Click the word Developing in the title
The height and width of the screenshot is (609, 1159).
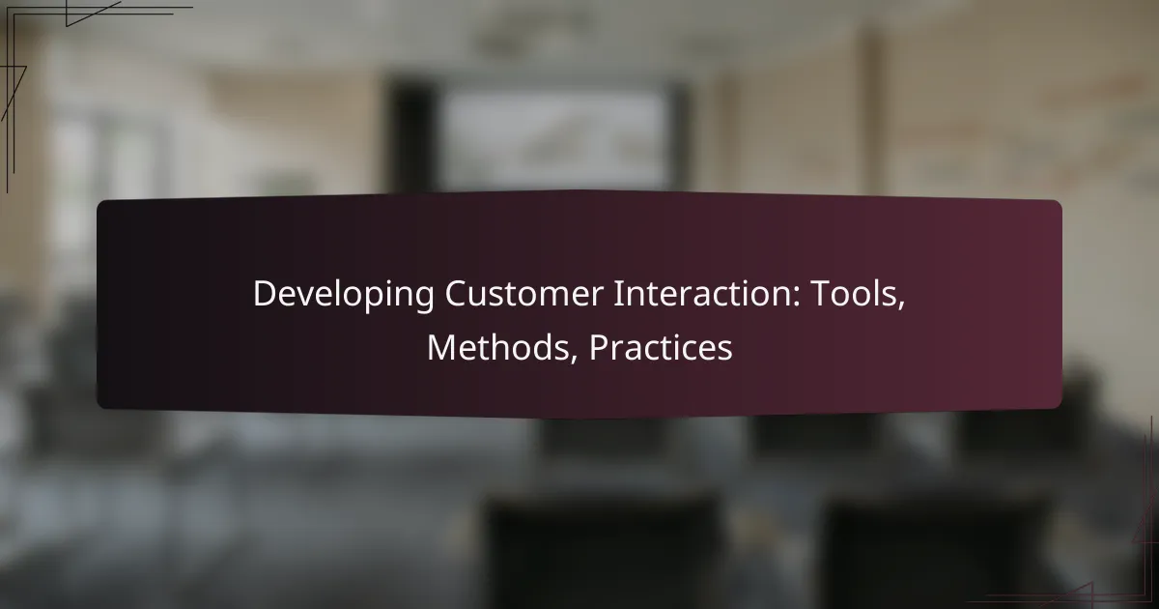point(344,295)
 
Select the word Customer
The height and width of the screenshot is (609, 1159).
point(524,294)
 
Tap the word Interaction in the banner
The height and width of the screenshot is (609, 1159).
point(703,294)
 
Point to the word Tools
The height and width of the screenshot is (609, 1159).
point(854,294)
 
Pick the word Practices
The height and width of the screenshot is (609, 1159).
point(661,347)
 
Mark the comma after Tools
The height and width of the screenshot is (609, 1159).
point(901,305)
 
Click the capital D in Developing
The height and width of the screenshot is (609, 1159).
point(266,294)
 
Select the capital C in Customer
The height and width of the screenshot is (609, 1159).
point(456,294)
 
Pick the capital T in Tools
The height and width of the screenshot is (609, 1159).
point(821,294)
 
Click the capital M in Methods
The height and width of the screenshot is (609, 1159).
point(441,347)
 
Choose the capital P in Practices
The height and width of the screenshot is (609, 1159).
point(600,347)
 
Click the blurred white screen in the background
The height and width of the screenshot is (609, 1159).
point(554,139)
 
